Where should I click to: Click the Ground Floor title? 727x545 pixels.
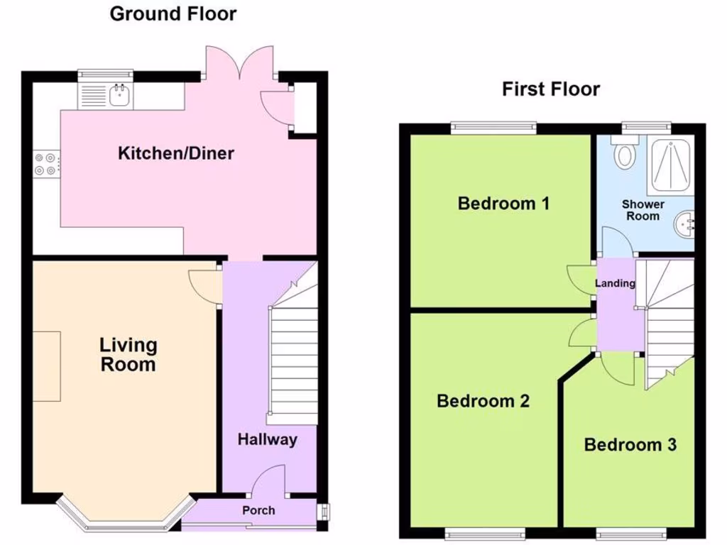pos(173,13)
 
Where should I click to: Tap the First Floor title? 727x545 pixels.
pos(550,89)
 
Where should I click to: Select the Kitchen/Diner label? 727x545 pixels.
pos(175,153)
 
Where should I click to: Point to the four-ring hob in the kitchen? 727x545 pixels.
pos(46,165)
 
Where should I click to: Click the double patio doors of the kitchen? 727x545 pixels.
pos(239,64)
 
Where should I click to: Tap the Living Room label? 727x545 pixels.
pos(128,355)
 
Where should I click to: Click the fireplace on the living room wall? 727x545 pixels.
pos(47,365)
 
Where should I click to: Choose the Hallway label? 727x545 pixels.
pos(267,439)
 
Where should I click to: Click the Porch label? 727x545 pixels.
pos(258,510)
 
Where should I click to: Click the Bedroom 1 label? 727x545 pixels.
pos(503,204)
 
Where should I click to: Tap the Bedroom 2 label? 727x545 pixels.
pos(483,401)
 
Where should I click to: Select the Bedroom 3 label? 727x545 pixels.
pos(630,445)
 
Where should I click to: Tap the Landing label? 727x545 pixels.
pos(615,283)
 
